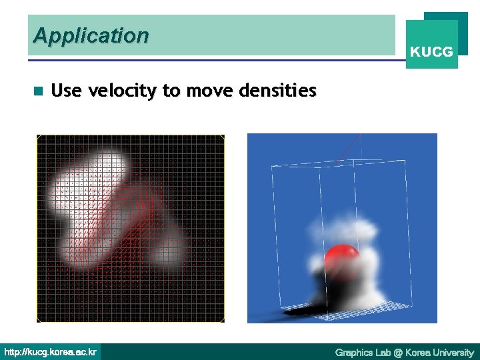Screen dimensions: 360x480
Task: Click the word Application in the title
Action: click(91, 35)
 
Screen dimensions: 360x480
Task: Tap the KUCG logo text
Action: click(431, 51)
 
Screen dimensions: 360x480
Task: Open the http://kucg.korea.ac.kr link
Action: click(51, 351)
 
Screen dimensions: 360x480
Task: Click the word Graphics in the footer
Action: click(355, 352)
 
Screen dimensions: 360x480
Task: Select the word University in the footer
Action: click(453, 352)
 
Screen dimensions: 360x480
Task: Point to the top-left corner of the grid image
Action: click(38, 136)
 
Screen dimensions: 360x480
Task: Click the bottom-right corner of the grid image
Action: click(223, 321)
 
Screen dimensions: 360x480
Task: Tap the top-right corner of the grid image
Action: click(223, 136)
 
